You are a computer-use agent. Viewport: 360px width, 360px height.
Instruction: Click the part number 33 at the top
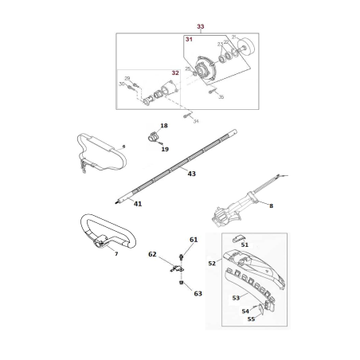click(200, 27)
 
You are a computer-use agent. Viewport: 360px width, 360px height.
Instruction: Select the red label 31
click(189, 40)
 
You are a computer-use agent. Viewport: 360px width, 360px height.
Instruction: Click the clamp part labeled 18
click(150, 135)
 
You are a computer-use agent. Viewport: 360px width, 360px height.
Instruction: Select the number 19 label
click(166, 149)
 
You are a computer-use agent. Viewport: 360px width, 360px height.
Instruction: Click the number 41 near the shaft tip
click(138, 204)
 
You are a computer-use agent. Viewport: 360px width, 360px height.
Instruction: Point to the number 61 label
click(194, 240)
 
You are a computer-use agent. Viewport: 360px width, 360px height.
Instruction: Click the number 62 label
click(152, 255)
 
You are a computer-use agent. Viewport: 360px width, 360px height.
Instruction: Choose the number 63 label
click(198, 293)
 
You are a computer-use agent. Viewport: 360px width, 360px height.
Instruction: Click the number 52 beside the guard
click(212, 263)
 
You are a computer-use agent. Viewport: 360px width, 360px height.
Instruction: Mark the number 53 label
click(236, 298)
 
